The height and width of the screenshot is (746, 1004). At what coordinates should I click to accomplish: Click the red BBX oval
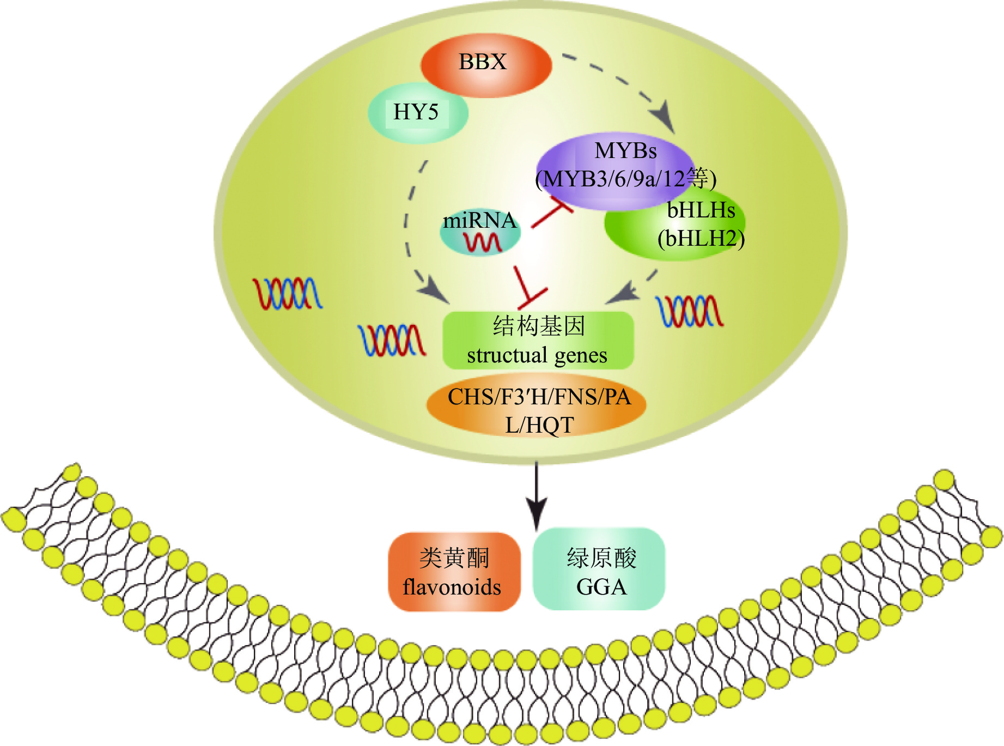tap(486, 65)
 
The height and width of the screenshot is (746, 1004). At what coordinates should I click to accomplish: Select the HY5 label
tap(416, 113)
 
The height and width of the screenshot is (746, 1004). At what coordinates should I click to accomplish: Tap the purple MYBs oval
tap(616, 163)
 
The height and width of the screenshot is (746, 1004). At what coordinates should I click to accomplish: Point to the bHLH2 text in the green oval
tap(701, 239)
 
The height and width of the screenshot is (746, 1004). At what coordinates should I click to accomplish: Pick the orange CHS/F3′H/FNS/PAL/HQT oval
tap(537, 410)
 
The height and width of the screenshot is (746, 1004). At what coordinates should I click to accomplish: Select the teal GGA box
tap(599, 569)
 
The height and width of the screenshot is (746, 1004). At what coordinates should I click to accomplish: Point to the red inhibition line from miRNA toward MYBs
tap(550, 214)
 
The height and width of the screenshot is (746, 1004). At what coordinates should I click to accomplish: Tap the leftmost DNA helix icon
tap(287, 293)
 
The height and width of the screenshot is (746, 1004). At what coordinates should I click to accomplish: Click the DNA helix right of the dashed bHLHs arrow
tap(690, 311)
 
